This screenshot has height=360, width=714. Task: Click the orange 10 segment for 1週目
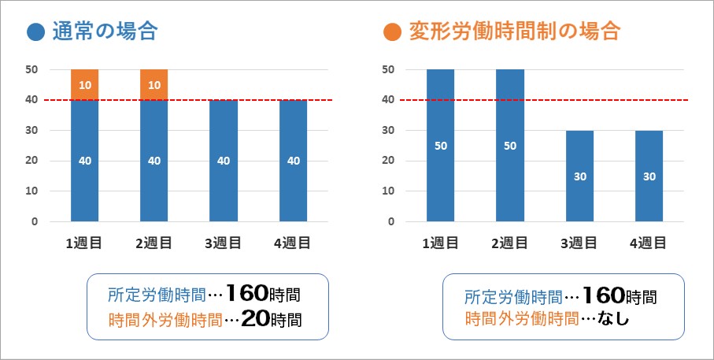[85, 84]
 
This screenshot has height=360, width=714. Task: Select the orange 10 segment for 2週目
[154, 84]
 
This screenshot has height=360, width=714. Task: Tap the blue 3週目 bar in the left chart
[224, 161]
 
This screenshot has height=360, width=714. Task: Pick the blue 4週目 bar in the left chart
[293, 161]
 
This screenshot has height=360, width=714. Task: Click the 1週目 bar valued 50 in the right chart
[441, 146]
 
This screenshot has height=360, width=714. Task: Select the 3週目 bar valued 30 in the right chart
[579, 176]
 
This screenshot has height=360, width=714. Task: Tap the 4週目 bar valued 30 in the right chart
[649, 176]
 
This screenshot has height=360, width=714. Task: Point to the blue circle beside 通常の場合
[35, 32]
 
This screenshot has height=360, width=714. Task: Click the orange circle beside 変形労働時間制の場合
[391, 32]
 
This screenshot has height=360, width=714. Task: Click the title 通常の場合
[105, 32]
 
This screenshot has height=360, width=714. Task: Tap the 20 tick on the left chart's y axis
[32, 161]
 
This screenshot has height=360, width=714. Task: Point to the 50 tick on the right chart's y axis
[388, 69]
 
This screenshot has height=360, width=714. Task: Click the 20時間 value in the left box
[275, 319]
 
